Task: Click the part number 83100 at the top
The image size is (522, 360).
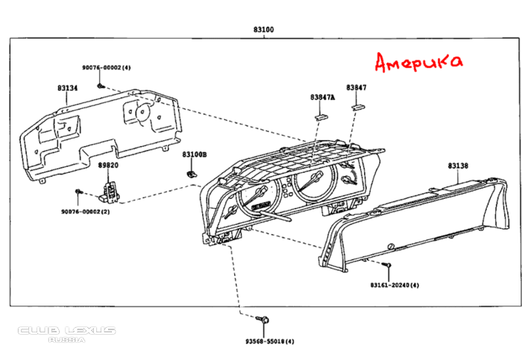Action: click(x=263, y=30)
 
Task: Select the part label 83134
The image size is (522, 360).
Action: click(x=68, y=88)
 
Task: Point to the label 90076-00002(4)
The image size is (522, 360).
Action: click(x=107, y=68)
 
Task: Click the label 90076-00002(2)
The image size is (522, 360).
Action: click(x=85, y=212)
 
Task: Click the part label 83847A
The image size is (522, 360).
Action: click(x=323, y=98)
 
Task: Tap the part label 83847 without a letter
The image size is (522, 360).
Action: click(x=356, y=88)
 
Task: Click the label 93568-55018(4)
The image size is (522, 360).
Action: click(x=270, y=341)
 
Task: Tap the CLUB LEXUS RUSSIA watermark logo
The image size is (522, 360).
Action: click(x=67, y=333)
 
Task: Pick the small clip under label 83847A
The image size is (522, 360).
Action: click(x=322, y=113)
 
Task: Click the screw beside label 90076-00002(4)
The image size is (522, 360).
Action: click(x=100, y=86)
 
